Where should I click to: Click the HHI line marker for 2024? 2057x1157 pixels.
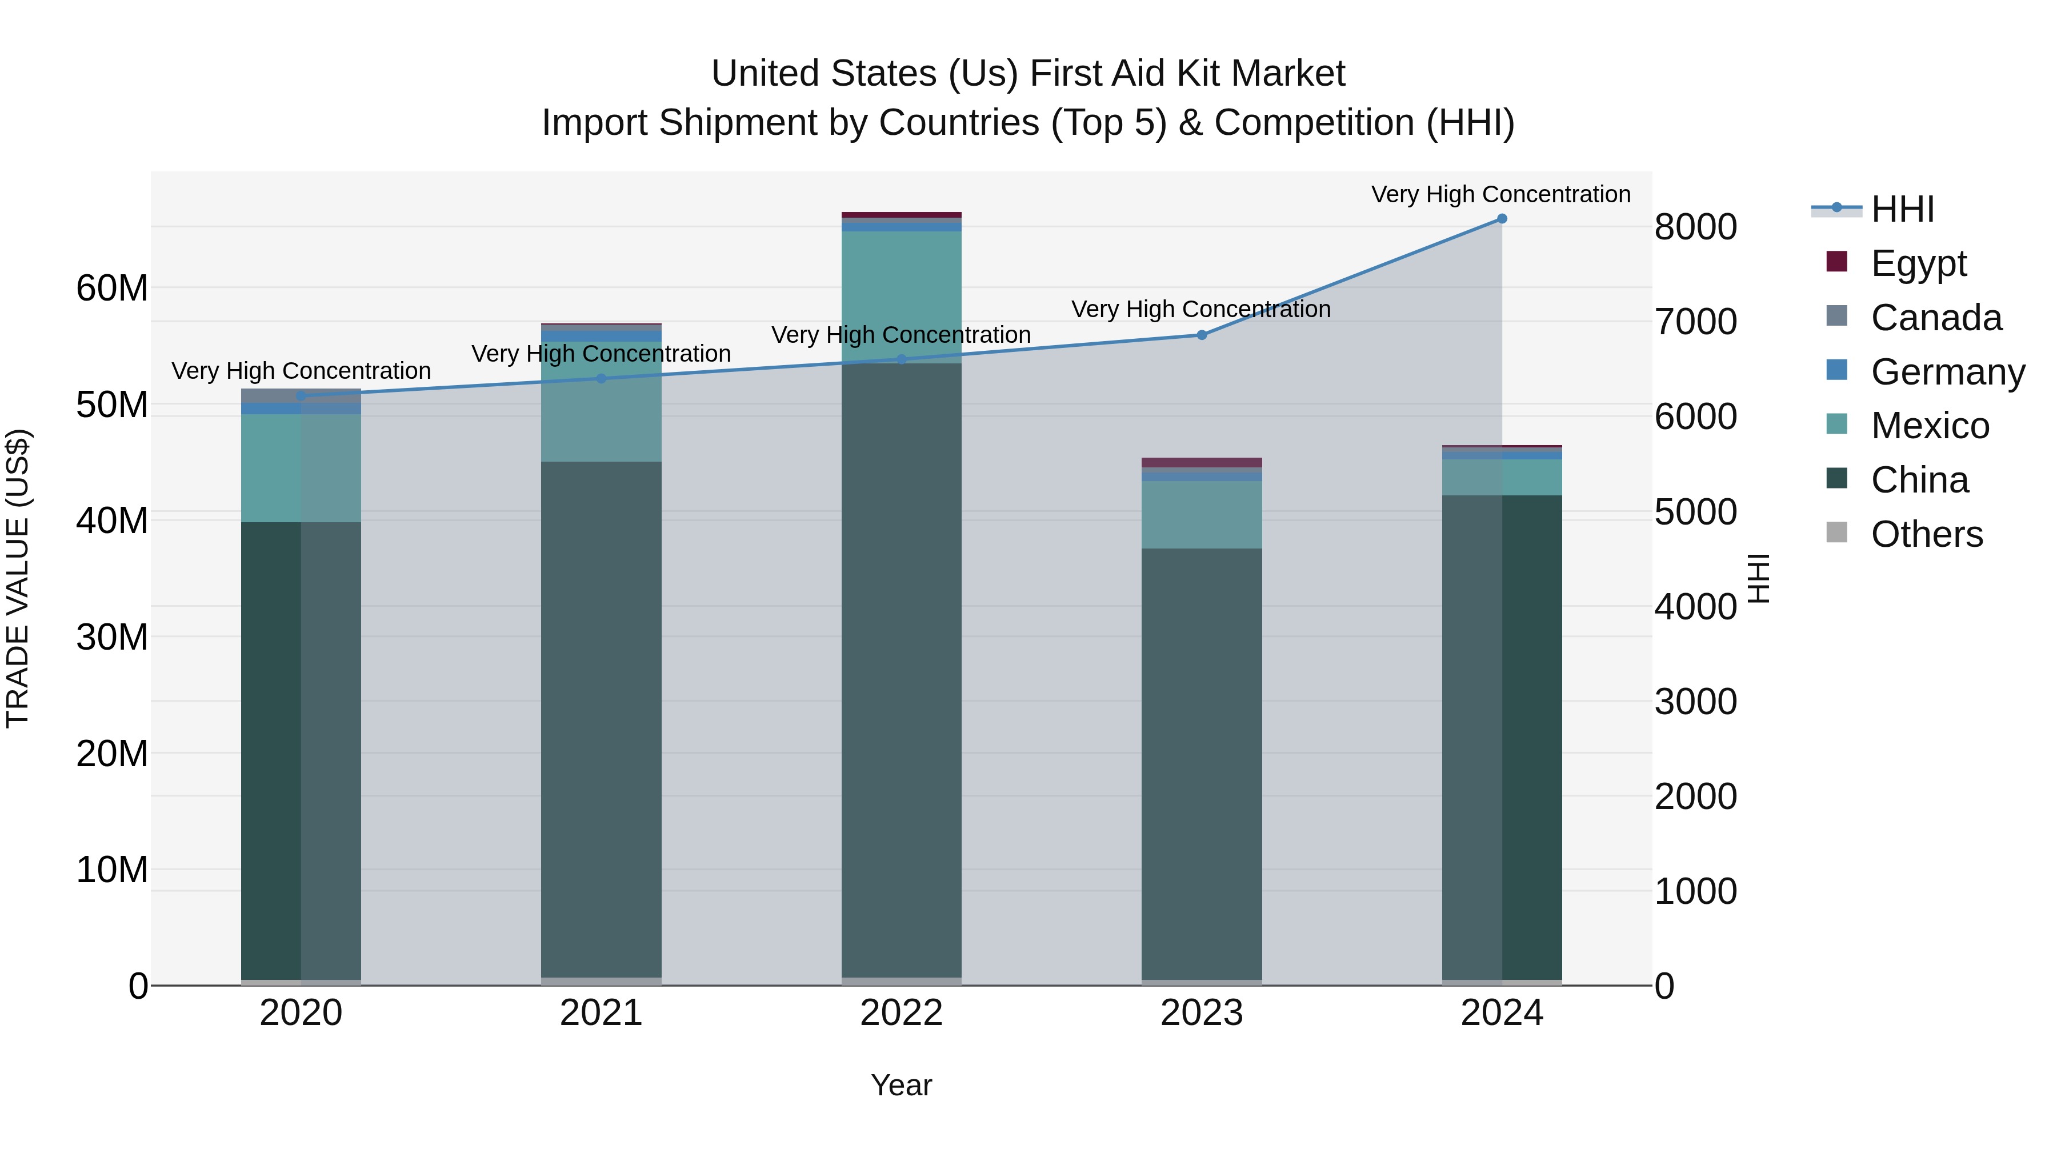1501,219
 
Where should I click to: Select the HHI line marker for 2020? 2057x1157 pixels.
301,396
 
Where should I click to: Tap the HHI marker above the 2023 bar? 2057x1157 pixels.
1202,335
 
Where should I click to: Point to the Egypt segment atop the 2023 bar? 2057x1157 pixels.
1202,462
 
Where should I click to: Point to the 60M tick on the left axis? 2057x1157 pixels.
112,289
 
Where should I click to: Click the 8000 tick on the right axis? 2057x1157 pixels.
1695,227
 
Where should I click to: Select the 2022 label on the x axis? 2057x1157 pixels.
902,1013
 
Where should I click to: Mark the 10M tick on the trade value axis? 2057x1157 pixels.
112,870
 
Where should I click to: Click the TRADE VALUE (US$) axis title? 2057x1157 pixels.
18,578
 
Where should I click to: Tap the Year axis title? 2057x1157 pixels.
902,1085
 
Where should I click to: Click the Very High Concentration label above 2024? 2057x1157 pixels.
1501,194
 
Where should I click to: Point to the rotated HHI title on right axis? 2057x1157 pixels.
1758,578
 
